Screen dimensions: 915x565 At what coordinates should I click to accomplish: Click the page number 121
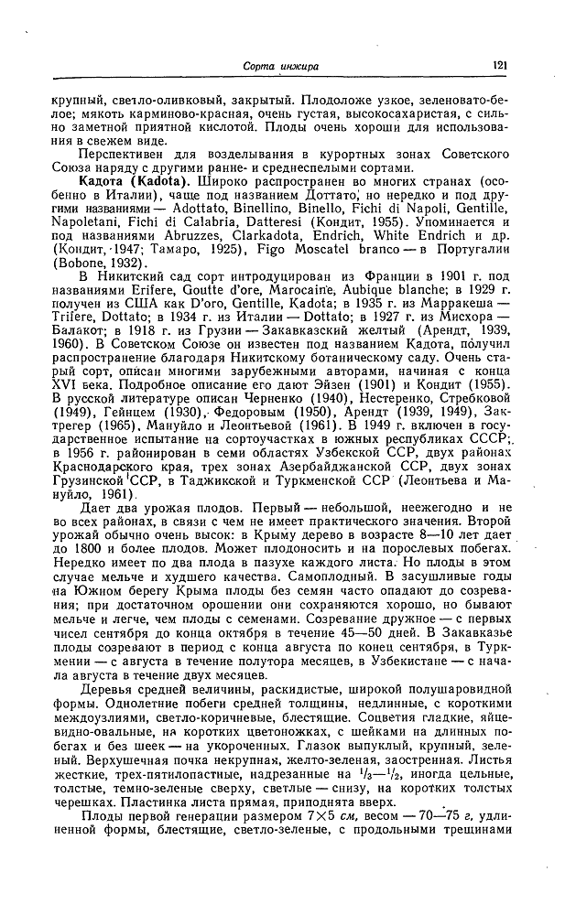click(499, 65)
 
